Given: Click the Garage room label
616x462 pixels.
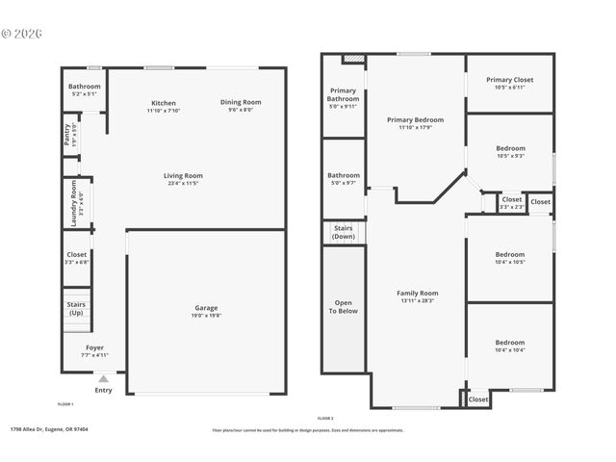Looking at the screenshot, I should (206, 308).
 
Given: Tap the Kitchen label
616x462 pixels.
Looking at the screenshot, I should (164, 103).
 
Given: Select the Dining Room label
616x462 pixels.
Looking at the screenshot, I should (241, 102).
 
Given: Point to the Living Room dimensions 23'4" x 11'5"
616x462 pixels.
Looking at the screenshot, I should (182, 183).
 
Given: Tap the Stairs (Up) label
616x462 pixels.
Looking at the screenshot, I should (76, 308).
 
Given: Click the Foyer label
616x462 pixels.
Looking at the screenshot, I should (94, 347).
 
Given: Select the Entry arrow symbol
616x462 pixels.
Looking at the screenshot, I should (103, 379).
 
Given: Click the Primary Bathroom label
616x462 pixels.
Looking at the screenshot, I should (344, 94).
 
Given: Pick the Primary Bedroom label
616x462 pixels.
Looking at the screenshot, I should (416, 120).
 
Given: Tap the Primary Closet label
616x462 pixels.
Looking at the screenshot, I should (509, 80).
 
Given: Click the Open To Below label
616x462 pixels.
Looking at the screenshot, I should (343, 307).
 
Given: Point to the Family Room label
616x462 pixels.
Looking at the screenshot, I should (417, 293).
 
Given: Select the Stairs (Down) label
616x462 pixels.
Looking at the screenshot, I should (343, 232).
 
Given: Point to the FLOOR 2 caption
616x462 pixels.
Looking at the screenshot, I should (325, 418).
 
